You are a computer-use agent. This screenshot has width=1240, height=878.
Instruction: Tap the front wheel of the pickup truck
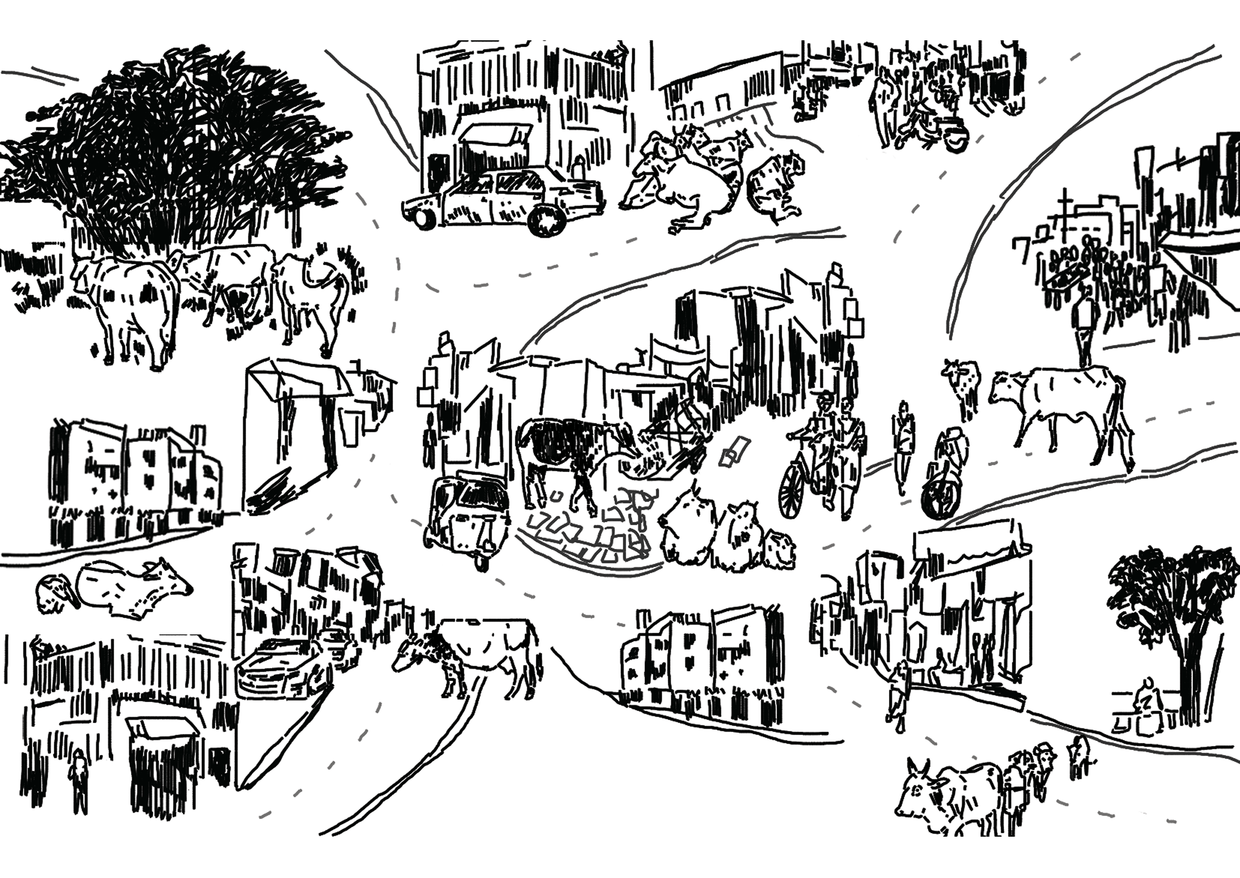[547, 222]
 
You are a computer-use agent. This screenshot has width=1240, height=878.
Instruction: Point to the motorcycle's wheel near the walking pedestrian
[941, 493]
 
